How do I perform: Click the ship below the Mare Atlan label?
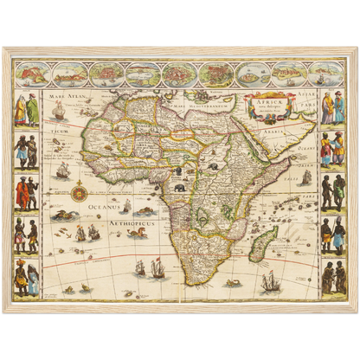pos(60,112)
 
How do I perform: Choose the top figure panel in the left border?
pos(26,107)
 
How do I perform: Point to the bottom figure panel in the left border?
pos(26,277)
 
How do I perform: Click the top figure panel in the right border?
pos(333,107)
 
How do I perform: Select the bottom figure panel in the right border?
pos(333,277)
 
